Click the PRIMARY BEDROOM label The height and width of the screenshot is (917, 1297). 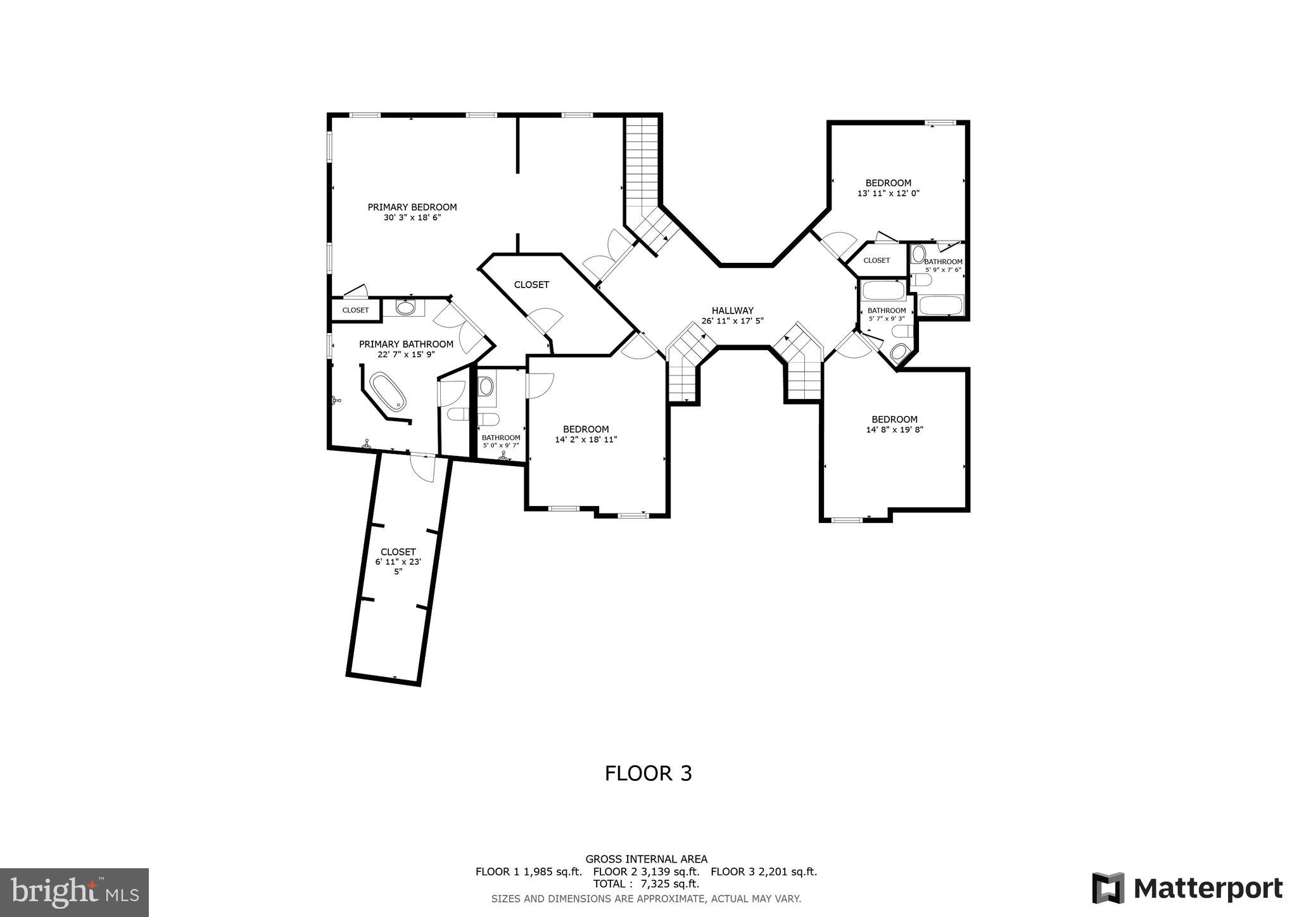click(x=412, y=207)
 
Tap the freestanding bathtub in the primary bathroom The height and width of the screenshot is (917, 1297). click(x=388, y=392)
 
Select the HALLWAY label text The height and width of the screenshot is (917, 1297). click(x=732, y=310)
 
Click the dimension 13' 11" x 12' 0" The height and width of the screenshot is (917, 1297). click(x=888, y=193)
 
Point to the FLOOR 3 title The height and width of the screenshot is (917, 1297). click(x=648, y=773)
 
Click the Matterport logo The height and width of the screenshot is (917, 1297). click(x=1187, y=888)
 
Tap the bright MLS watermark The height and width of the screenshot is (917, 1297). click(x=74, y=892)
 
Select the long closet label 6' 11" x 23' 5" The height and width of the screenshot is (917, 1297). click(x=398, y=562)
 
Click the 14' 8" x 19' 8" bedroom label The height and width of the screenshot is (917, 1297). click(x=894, y=424)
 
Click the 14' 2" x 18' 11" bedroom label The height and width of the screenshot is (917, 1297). click(x=586, y=434)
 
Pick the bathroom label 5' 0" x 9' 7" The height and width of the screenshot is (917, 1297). click(x=500, y=441)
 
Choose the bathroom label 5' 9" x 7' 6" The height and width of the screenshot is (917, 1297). click(x=943, y=265)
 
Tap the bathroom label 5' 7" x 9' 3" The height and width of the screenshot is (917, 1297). click(x=886, y=314)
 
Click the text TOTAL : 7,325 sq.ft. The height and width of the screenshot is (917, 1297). click(x=646, y=883)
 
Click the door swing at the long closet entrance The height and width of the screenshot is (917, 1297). click(x=422, y=467)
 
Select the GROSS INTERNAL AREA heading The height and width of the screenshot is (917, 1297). click(x=646, y=859)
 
